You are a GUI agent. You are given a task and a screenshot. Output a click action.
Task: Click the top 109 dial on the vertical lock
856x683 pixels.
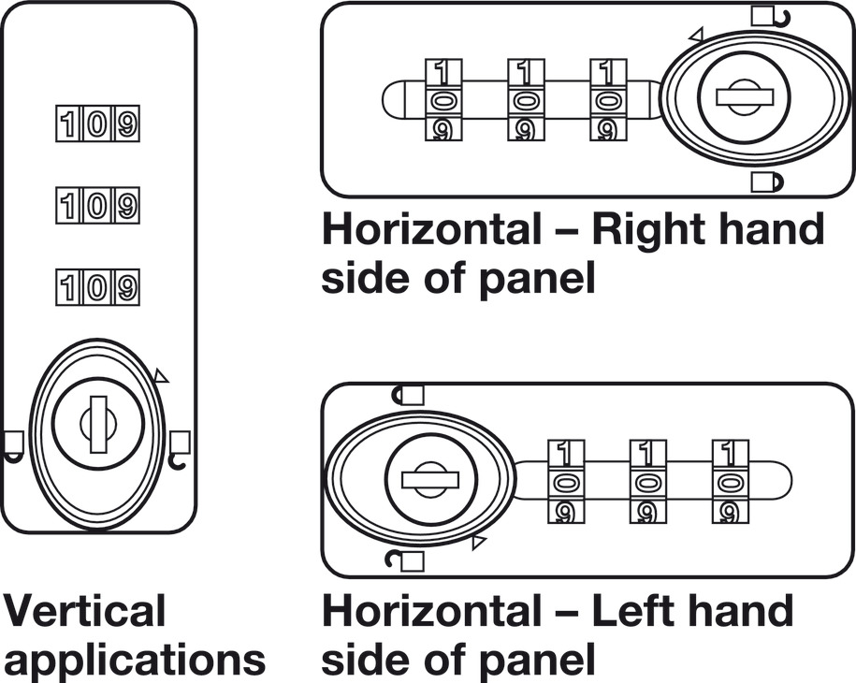[x=98, y=123]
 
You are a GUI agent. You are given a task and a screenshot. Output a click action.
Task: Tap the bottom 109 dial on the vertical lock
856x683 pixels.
[x=98, y=285]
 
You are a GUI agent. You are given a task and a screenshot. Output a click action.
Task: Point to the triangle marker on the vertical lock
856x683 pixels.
[x=161, y=376]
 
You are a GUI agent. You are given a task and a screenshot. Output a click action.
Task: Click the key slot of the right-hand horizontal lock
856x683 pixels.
[x=743, y=96]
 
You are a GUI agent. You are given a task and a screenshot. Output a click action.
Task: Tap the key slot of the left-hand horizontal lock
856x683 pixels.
[x=429, y=479]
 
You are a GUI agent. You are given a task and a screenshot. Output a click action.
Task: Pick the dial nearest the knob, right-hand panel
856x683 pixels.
[x=608, y=100]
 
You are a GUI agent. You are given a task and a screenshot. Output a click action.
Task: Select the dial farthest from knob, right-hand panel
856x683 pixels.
[x=443, y=100]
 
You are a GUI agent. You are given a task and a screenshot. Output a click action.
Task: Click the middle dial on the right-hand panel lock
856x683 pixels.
[x=526, y=100]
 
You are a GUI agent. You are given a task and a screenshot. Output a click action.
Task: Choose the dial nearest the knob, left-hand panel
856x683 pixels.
[x=564, y=481]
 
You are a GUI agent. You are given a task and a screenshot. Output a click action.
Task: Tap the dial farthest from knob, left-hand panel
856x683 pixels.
[x=728, y=481]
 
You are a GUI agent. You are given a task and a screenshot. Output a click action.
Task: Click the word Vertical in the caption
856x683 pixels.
[x=84, y=611]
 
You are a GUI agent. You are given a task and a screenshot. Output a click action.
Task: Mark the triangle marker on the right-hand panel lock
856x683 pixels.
[x=695, y=36]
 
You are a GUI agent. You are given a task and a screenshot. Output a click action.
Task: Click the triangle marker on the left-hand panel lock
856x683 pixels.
[x=480, y=542]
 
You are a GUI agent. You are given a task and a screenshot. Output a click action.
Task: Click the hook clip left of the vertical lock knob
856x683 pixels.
[x=14, y=444]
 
